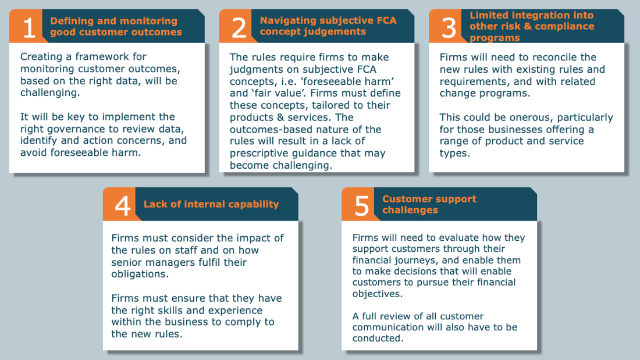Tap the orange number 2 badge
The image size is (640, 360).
pos(239,26)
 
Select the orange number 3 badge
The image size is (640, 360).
pos(449,26)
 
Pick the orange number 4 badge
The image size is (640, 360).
pos(122,204)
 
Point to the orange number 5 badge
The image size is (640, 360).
pos(361,204)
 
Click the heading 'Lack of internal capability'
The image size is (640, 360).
pos(211,204)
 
